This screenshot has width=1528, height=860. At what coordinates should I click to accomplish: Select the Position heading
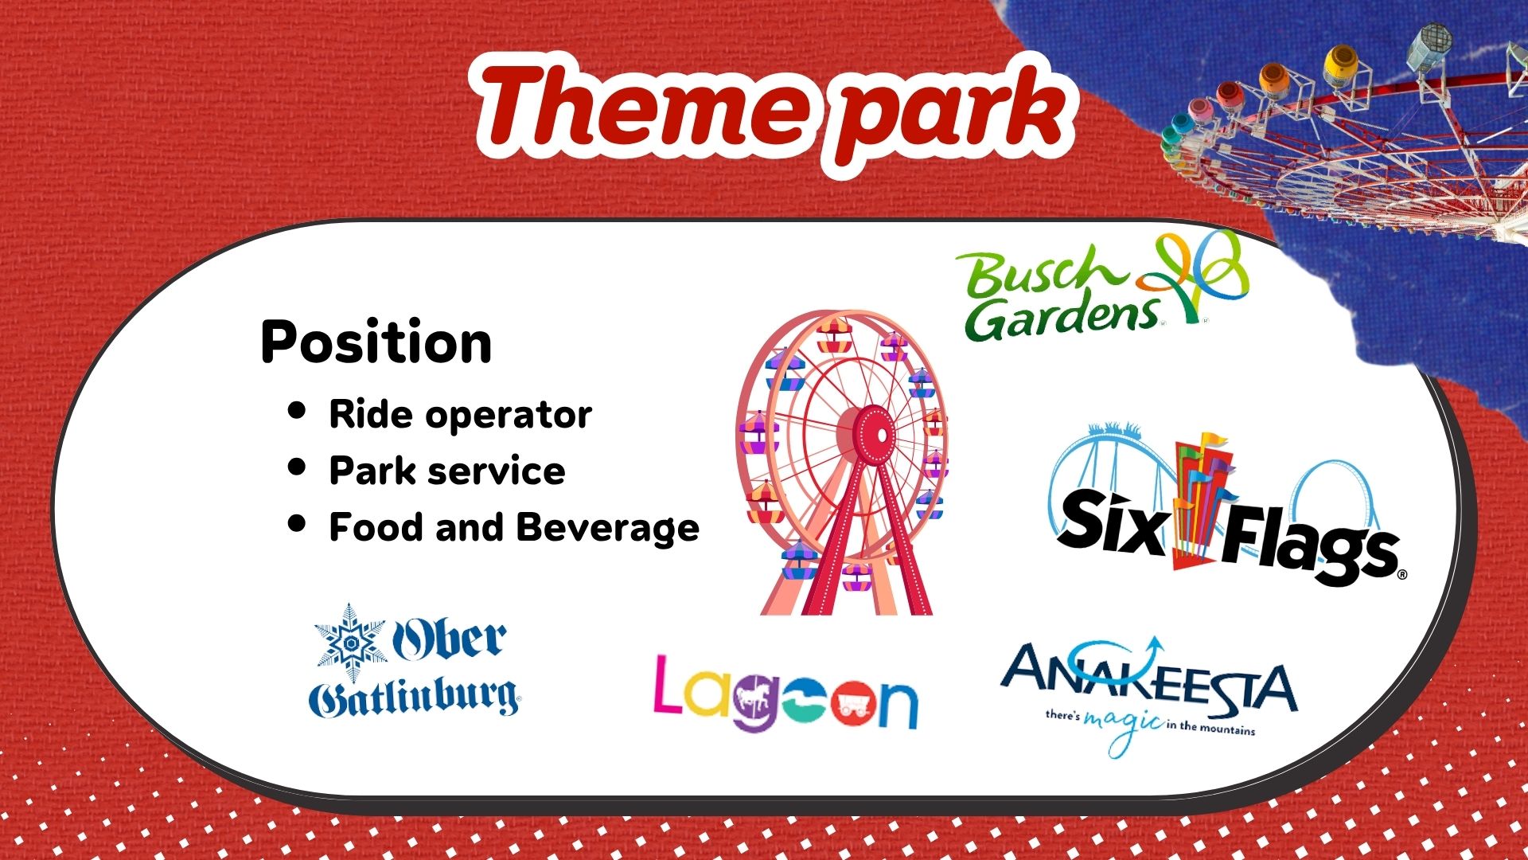376,342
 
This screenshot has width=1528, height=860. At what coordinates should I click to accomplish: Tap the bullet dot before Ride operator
297,411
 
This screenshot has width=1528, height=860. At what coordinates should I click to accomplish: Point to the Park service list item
447,471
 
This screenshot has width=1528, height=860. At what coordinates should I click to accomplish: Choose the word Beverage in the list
608,529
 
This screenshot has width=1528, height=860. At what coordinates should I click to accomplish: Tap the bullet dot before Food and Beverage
297,524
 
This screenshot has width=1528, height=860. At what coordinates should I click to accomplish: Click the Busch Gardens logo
1103,287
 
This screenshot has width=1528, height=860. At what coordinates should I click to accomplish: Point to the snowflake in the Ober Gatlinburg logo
349,641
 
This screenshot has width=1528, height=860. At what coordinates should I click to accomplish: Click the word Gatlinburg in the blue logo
414,698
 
